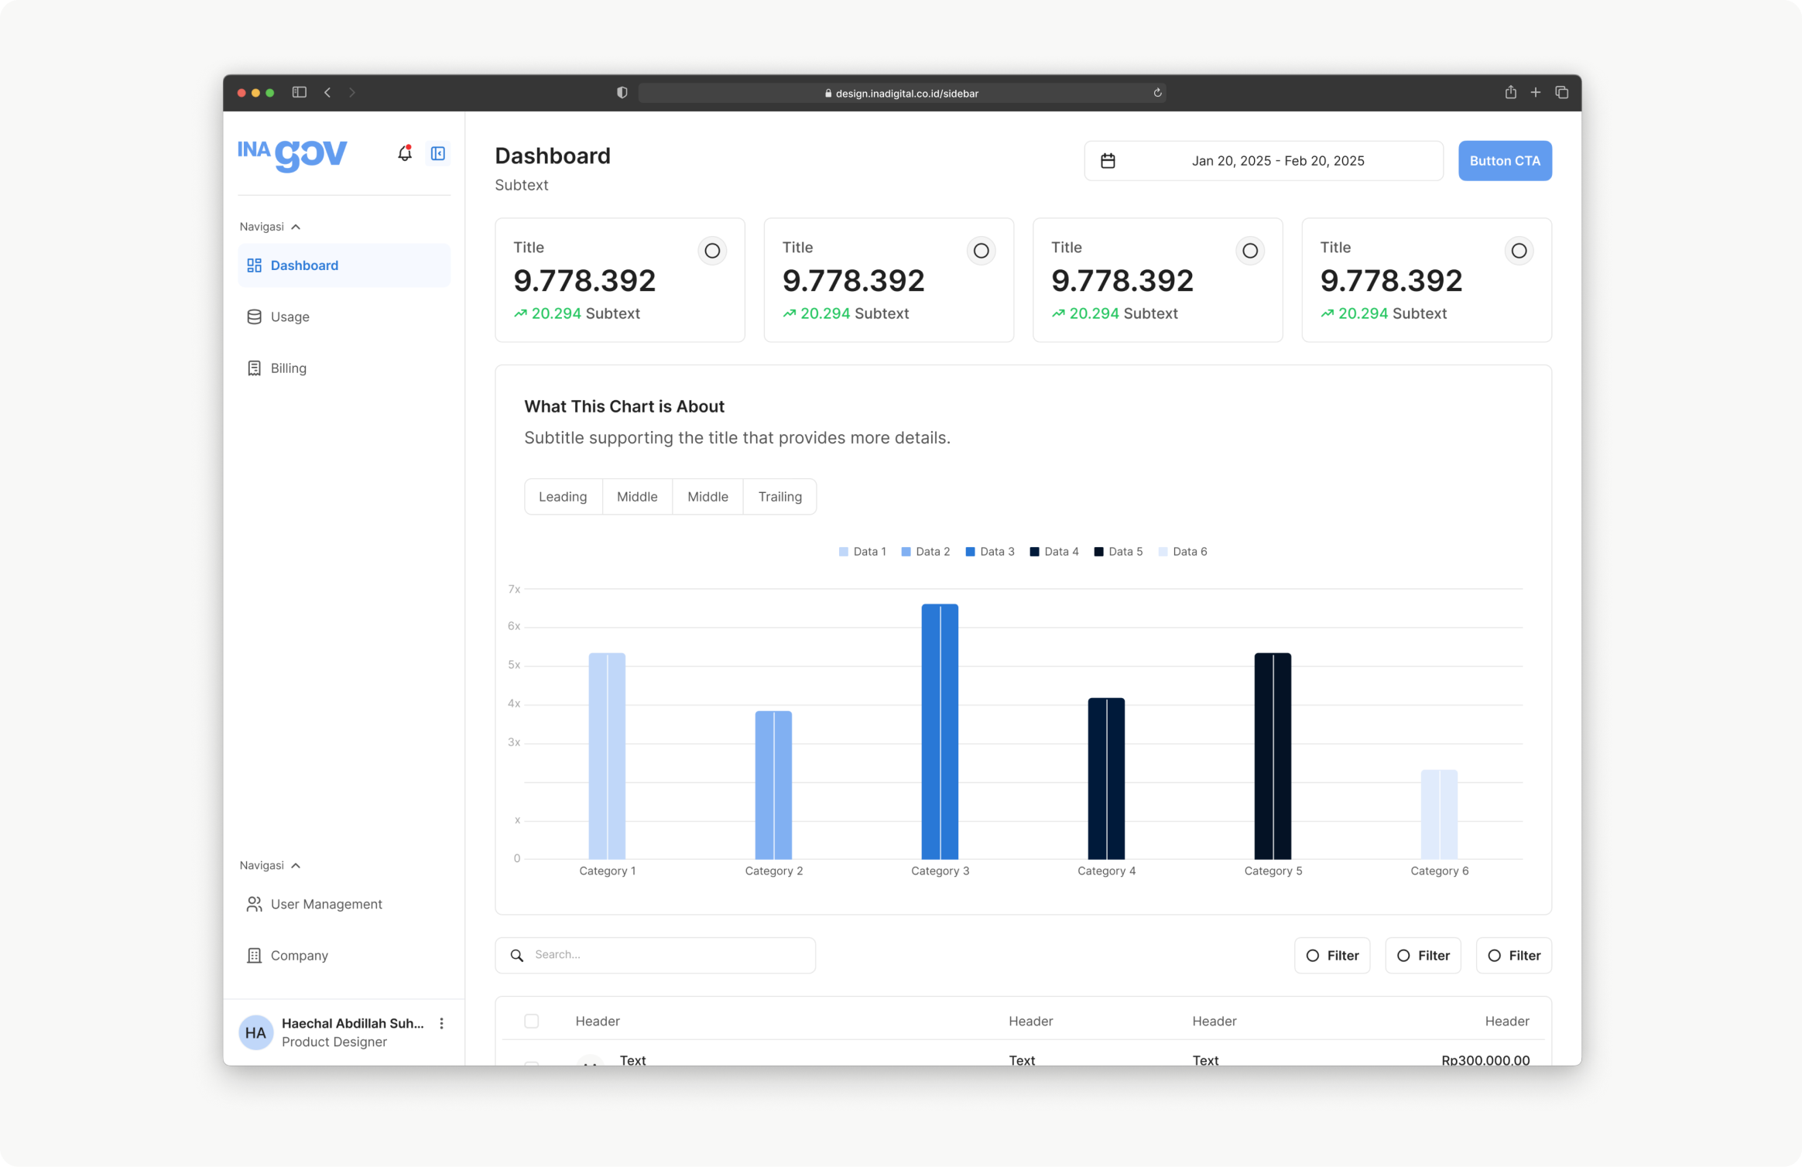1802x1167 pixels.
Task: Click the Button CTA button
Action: pos(1504,161)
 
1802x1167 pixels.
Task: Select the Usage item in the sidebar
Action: pos(289,317)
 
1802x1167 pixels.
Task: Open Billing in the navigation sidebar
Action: pos(288,368)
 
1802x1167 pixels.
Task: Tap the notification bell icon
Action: pos(404,153)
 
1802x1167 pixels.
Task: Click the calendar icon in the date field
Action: pos(1108,161)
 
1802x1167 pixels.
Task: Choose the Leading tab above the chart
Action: pos(563,497)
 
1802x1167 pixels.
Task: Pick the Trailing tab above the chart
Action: pos(779,497)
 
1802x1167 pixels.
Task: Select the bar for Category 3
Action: pos(940,731)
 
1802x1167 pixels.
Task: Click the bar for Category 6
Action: pos(1439,814)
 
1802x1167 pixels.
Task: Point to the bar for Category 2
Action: pos(773,785)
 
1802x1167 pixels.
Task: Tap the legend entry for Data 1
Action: pos(862,552)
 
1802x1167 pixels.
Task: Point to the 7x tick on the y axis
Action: pos(514,590)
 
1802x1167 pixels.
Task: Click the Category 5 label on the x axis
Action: pos(1273,871)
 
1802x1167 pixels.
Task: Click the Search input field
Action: pos(666,955)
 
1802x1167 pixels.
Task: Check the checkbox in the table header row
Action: pos(532,1021)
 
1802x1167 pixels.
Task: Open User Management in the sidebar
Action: pos(326,904)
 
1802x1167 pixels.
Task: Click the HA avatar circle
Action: pos(255,1032)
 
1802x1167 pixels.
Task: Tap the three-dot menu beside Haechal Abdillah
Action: pos(441,1024)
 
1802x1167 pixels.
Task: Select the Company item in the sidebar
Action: pos(299,956)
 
